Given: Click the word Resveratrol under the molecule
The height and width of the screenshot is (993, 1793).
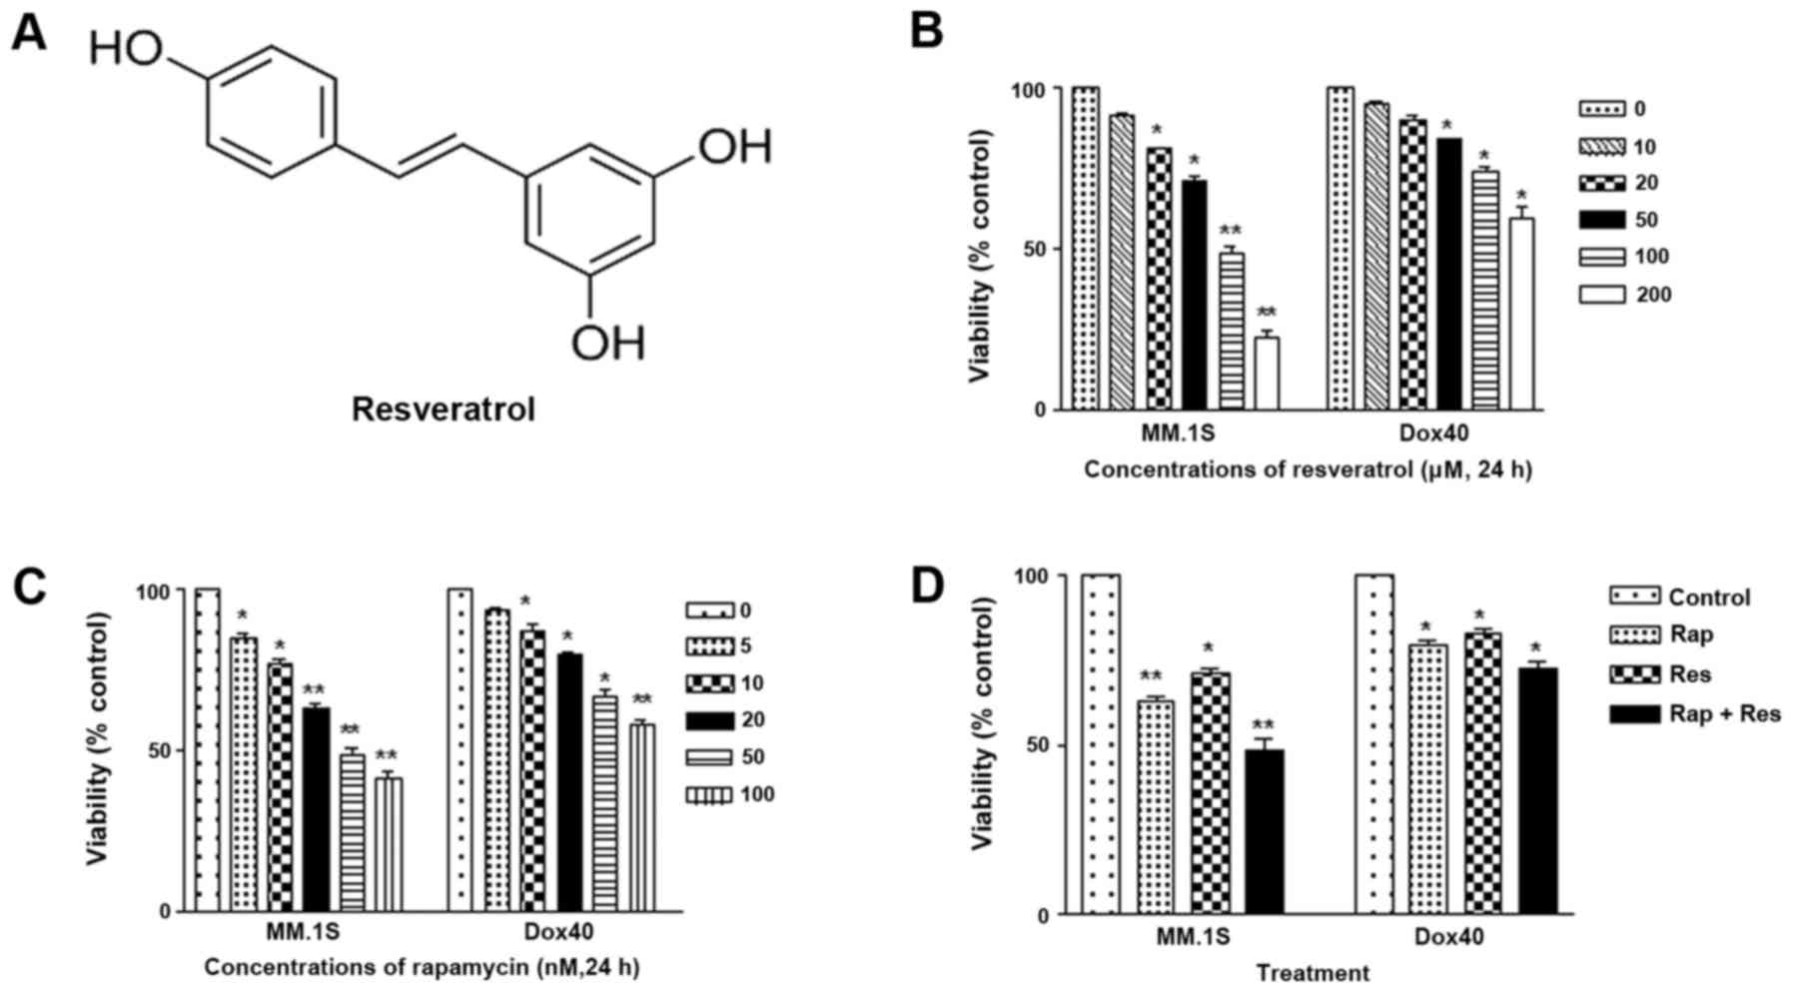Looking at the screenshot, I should click(444, 409).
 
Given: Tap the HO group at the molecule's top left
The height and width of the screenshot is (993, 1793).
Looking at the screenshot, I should click(126, 49).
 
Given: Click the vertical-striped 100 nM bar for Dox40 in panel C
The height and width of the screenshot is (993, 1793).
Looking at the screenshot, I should click(642, 817).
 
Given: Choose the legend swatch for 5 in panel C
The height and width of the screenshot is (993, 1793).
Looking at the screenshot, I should click(709, 646).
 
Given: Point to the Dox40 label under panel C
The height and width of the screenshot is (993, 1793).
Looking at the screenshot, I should click(558, 932).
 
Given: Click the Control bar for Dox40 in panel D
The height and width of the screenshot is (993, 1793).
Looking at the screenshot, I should click(1373, 744).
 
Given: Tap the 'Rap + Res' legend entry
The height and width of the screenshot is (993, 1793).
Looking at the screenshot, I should click(1724, 713).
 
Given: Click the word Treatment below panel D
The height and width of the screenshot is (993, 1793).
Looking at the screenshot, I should click(1313, 972).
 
